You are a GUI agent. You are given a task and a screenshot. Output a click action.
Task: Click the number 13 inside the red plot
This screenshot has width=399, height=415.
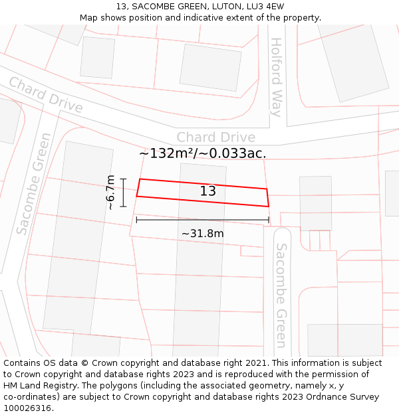(x=207, y=191)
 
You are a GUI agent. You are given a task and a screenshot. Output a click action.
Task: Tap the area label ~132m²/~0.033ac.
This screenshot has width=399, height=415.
(x=202, y=153)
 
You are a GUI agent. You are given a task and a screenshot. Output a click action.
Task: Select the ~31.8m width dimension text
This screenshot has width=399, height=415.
(x=202, y=233)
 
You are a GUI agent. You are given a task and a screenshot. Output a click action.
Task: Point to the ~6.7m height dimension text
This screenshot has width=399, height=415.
(x=111, y=193)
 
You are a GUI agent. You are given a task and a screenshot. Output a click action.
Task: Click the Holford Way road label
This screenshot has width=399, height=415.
(x=276, y=77)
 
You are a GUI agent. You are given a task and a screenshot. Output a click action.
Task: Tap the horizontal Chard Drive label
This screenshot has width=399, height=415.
(x=215, y=137)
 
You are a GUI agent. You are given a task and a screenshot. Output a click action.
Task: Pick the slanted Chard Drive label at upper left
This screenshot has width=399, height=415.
(x=45, y=95)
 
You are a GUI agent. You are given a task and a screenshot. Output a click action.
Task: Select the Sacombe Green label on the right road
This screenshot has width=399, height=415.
(x=281, y=295)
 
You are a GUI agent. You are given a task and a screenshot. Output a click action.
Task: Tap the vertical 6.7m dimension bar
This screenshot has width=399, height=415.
(x=124, y=193)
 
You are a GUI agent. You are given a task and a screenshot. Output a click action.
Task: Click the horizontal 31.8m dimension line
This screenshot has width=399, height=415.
(x=202, y=220)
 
